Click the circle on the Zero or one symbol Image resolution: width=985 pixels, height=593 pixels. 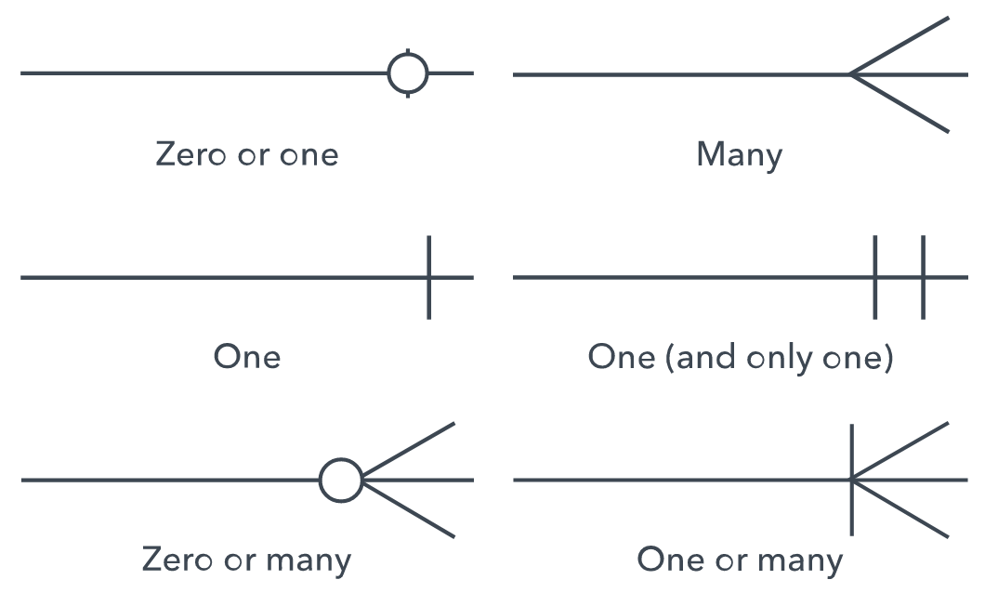(x=408, y=72)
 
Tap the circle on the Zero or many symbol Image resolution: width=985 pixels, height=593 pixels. (x=341, y=481)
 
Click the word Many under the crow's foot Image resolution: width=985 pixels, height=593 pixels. (x=739, y=154)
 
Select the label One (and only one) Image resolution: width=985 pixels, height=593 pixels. (x=741, y=357)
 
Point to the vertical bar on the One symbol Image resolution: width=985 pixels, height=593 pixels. (x=428, y=297)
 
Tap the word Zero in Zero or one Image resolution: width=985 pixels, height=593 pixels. (x=190, y=154)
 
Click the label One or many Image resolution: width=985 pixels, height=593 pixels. (x=740, y=560)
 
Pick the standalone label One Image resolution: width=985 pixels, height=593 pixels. (x=246, y=357)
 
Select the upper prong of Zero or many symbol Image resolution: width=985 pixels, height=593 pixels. (x=409, y=450)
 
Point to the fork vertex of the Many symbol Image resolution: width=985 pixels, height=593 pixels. (x=851, y=73)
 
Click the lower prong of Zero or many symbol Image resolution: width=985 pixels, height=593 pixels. (x=409, y=509)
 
